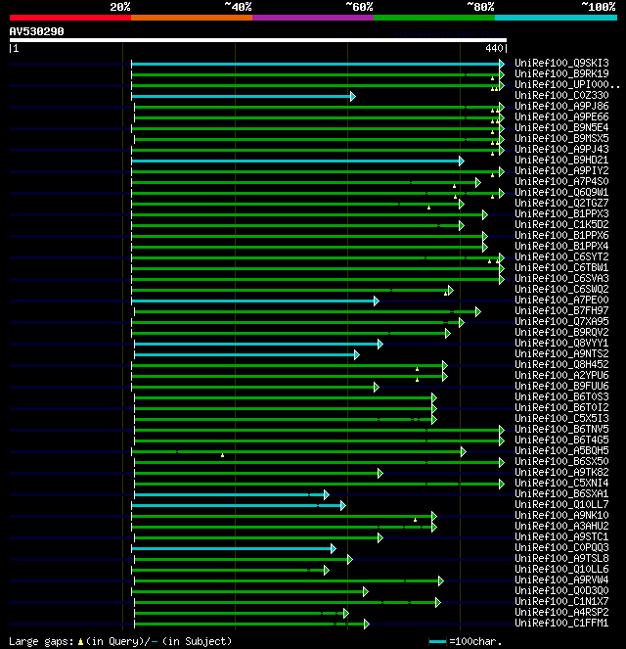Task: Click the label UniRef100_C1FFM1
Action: [561, 624]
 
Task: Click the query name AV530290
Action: [37, 31]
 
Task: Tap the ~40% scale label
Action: [238, 7]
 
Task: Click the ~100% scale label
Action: [598, 7]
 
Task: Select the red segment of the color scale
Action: [69, 18]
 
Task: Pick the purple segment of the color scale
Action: [312, 18]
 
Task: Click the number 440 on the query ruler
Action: [493, 47]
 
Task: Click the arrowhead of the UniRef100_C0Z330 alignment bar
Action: [352, 96]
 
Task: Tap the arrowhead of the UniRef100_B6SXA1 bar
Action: [327, 494]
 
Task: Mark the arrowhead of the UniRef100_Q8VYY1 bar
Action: [380, 344]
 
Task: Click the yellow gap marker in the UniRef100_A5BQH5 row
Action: [222, 455]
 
